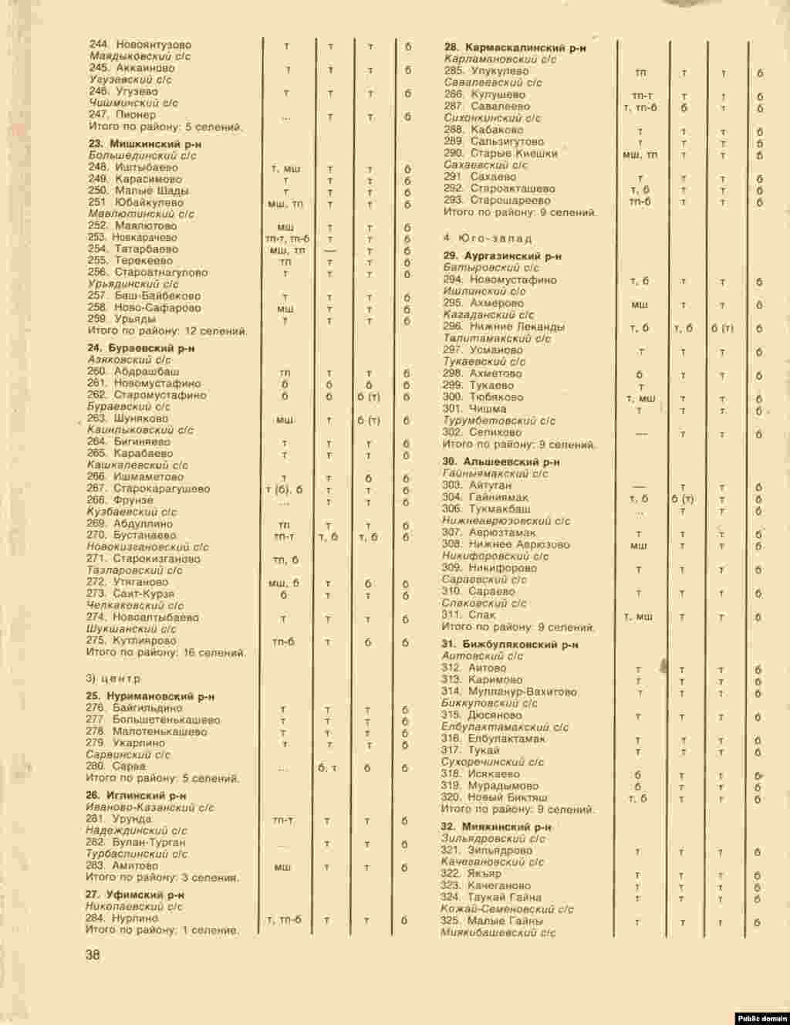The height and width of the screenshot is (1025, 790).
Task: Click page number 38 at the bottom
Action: pyautogui.click(x=93, y=955)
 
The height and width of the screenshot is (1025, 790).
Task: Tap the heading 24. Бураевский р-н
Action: pyautogui.click(x=140, y=348)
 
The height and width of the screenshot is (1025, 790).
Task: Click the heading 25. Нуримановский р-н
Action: pyautogui.click(x=150, y=696)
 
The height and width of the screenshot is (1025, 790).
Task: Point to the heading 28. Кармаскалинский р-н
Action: pyautogui.click(x=515, y=48)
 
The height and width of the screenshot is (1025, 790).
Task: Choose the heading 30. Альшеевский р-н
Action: pyautogui.click(x=501, y=462)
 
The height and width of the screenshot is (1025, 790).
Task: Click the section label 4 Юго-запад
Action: pyautogui.click(x=488, y=238)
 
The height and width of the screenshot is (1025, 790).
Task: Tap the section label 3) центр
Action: pyautogui.click(x=113, y=678)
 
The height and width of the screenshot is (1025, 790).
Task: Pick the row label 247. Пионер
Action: pyautogui.click(x=123, y=115)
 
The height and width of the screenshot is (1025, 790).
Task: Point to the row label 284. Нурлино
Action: pyautogui.click(x=123, y=918)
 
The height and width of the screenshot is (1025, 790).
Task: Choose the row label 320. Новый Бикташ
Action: pyautogui.click(x=495, y=797)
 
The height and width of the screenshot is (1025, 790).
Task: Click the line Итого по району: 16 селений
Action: pyautogui.click(x=167, y=652)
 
